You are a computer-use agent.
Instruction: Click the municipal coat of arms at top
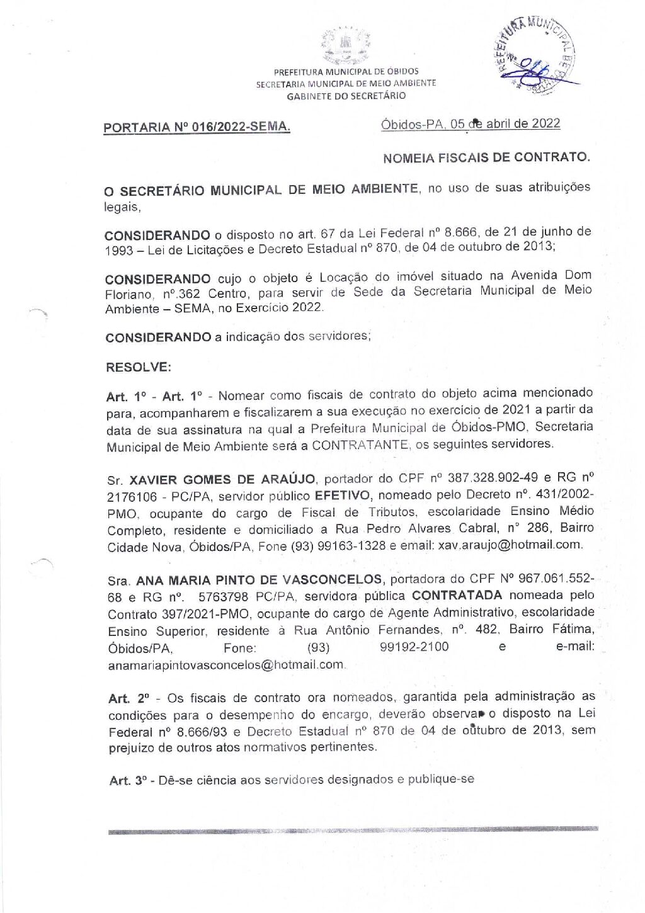point(345,46)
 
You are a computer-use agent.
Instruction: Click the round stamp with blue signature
point(537,56)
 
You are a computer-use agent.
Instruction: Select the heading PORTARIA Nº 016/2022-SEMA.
point(197,127)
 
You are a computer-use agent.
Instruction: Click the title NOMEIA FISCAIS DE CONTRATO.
point(486,157)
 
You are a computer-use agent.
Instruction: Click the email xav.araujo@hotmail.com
point(510,545)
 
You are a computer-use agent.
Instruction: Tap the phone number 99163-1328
point(351,546)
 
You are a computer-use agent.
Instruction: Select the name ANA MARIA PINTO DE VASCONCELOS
point(260,580)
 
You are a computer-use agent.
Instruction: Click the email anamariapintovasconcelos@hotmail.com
point(226,664)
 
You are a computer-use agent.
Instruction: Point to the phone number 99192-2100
point(414,647)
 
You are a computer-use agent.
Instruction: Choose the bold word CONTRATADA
point(457,595)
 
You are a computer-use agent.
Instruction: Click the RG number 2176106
point(132,497)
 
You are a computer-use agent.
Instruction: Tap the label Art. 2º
point(128,698)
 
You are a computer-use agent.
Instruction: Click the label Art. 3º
point(128,781)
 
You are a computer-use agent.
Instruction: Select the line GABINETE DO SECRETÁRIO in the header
point(346,96)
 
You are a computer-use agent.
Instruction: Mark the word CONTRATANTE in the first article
point(360,445)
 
